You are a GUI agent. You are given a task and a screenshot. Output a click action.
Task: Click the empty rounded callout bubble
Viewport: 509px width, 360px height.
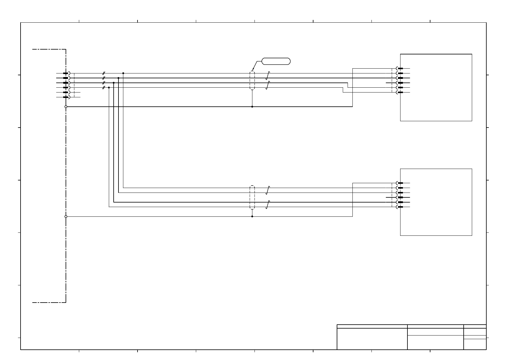click(276, 61)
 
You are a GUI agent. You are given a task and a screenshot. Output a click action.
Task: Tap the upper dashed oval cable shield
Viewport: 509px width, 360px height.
click(252, 80)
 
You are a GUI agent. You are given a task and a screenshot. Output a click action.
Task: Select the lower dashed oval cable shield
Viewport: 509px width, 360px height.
click(252, 197)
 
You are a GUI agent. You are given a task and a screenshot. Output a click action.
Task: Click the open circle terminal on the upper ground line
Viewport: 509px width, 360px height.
click(66, 107)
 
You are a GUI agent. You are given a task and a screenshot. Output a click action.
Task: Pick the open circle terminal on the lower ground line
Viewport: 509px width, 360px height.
click(66, 216)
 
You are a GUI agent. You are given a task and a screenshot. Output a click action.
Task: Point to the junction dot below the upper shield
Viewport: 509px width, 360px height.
click(252, 107)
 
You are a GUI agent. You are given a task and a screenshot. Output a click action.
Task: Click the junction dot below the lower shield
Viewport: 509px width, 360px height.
click(252, 216)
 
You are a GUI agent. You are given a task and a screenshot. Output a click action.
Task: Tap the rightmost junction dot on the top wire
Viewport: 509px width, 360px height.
click(123, 73)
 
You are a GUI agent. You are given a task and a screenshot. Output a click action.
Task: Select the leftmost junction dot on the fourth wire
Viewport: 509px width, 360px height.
click(109, 87)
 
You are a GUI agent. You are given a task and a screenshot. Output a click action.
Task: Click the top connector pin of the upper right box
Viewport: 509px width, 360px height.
click(400, 68)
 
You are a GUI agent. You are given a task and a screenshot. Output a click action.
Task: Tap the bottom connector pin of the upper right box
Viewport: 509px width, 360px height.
click(400, 92)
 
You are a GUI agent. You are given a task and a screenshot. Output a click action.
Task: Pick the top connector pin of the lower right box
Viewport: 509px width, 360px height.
click(400, 183)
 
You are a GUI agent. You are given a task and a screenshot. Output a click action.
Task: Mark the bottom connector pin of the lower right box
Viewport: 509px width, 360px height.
click(400, 207)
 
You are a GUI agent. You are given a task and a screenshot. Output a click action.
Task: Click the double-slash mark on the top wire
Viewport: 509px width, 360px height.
click(103, 73)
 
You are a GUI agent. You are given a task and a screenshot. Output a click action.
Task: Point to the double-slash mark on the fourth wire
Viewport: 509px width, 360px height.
click(103, 87)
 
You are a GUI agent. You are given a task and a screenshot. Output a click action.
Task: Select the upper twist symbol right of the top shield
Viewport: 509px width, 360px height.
click(267, 76)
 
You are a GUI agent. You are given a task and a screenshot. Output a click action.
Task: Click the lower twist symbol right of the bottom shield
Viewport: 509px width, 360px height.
click(267, 205)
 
